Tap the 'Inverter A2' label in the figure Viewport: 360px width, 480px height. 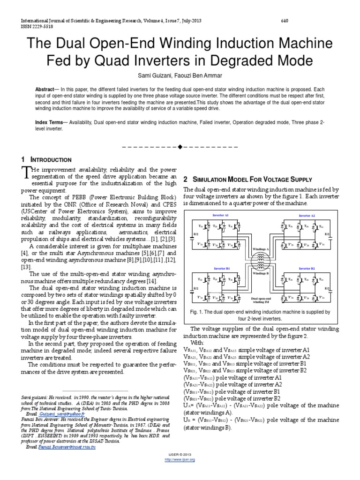tap(307, 215)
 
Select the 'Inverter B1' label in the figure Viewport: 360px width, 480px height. tap(221, 268)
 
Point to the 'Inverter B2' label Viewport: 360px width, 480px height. tap(307, 268)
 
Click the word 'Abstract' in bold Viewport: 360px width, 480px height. tap(47, 89)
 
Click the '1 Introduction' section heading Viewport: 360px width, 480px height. tap(47, 160)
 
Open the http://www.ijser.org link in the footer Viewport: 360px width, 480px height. tap(180, 459)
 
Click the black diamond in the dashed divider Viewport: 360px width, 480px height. tap(180, 147)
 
